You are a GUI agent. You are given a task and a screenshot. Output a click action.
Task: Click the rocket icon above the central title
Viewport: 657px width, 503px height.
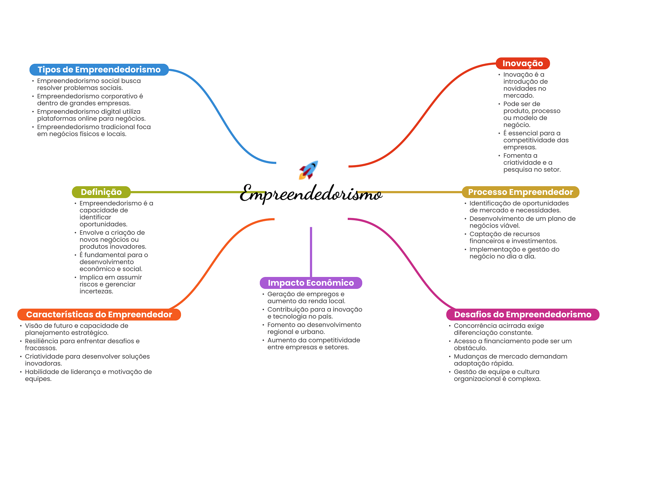[x=308, y=170]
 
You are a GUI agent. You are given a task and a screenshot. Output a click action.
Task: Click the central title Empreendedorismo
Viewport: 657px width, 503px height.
[x=311, y=194]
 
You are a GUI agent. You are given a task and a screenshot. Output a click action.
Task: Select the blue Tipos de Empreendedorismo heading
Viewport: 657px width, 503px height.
[x=99, y=70]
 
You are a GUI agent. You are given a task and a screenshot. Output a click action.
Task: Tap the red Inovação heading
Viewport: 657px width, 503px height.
[x=522, y=63]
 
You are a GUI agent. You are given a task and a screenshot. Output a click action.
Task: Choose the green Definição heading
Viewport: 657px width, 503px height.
[x=101, y=192]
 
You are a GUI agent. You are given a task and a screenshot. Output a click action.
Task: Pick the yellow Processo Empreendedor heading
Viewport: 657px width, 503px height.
[x=520, y=192]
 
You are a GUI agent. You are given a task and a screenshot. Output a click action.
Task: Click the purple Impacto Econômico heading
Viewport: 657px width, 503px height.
[x=311, y=283]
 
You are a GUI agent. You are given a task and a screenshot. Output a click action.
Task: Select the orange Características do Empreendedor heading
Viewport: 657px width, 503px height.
[x=99, y=314]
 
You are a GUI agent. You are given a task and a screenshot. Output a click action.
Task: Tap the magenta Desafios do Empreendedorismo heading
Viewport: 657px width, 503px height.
[x=523, y=314]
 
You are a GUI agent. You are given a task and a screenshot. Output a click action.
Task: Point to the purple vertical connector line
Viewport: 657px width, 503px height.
[x=311, y=252]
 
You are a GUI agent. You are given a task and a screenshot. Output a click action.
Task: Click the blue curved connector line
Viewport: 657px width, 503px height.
[x=221, y=115]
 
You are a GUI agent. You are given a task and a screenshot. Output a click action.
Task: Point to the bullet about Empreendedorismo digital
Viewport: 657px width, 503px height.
[x=91, y=115]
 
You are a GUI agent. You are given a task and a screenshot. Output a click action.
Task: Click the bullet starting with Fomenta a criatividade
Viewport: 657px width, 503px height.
[x=532, y=163]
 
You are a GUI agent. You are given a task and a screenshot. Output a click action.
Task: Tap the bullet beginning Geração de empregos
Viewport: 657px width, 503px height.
[x=306, y=298]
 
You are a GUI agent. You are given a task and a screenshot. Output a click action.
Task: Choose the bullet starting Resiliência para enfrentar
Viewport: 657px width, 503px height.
[x=82, y=344]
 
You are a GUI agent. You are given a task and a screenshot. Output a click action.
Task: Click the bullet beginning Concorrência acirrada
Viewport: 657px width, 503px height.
[x=499, y=329]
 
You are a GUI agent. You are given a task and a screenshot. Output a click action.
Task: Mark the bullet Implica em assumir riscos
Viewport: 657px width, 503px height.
[x=110, y=284]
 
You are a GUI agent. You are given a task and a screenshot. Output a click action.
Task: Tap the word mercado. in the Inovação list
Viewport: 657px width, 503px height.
[x=518, y=96]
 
